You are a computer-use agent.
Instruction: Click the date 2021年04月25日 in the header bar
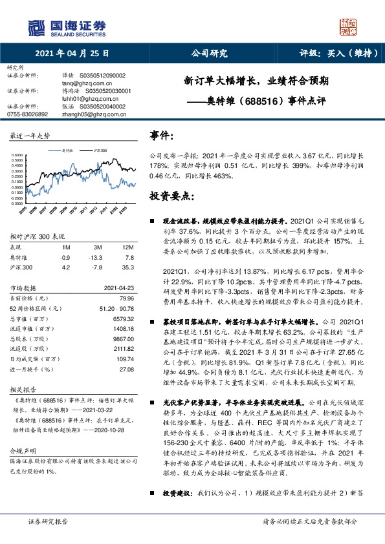[x=72, y=54]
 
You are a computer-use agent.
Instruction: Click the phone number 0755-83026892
[x=27, y=113]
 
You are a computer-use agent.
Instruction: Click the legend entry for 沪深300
[x=101, y=149]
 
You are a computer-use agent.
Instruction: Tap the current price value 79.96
[x=125, y=299]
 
